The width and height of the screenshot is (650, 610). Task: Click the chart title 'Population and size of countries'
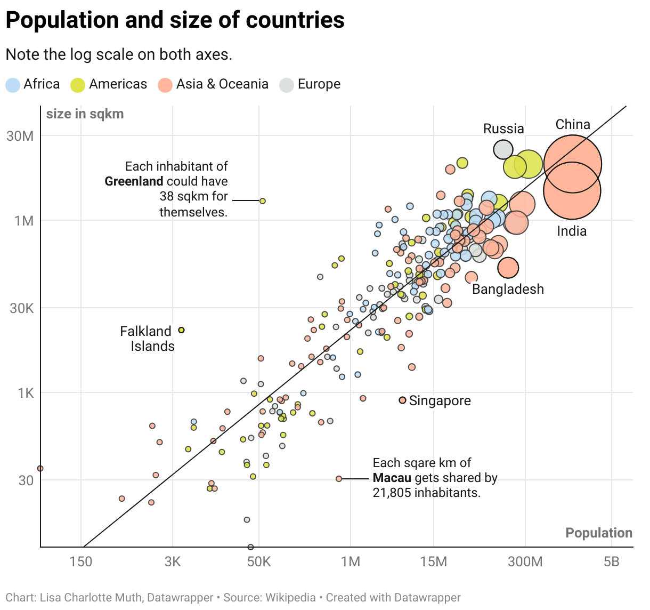point(175,20)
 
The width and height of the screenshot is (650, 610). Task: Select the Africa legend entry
point(32,84)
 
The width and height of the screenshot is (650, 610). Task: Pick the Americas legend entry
point(109,84)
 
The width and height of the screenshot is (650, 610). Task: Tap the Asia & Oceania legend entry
point(213,84)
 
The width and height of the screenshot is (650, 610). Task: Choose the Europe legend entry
point(310,84)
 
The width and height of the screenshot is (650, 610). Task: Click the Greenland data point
point(262,201)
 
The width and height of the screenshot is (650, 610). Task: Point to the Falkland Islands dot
point(181,330)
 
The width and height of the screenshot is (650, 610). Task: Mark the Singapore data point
point(402,400)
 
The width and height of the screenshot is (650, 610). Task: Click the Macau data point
point(339,479)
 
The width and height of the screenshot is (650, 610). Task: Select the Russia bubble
point(503,150)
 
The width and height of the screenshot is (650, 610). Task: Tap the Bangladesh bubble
point(508,268)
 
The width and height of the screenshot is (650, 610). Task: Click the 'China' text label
point(573,125)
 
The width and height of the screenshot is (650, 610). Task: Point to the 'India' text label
point(572,231)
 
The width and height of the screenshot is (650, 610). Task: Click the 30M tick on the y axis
point(20,136)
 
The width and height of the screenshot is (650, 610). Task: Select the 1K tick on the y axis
point(26,393)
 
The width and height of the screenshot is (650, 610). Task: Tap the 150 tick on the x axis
point(81,562)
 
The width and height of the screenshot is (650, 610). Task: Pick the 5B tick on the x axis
point(612,562)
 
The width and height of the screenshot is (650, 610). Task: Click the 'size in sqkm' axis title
point(85,114)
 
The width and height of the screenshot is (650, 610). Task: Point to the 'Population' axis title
point(598,533)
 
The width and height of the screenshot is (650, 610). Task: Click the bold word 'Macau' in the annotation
point(392,478)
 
